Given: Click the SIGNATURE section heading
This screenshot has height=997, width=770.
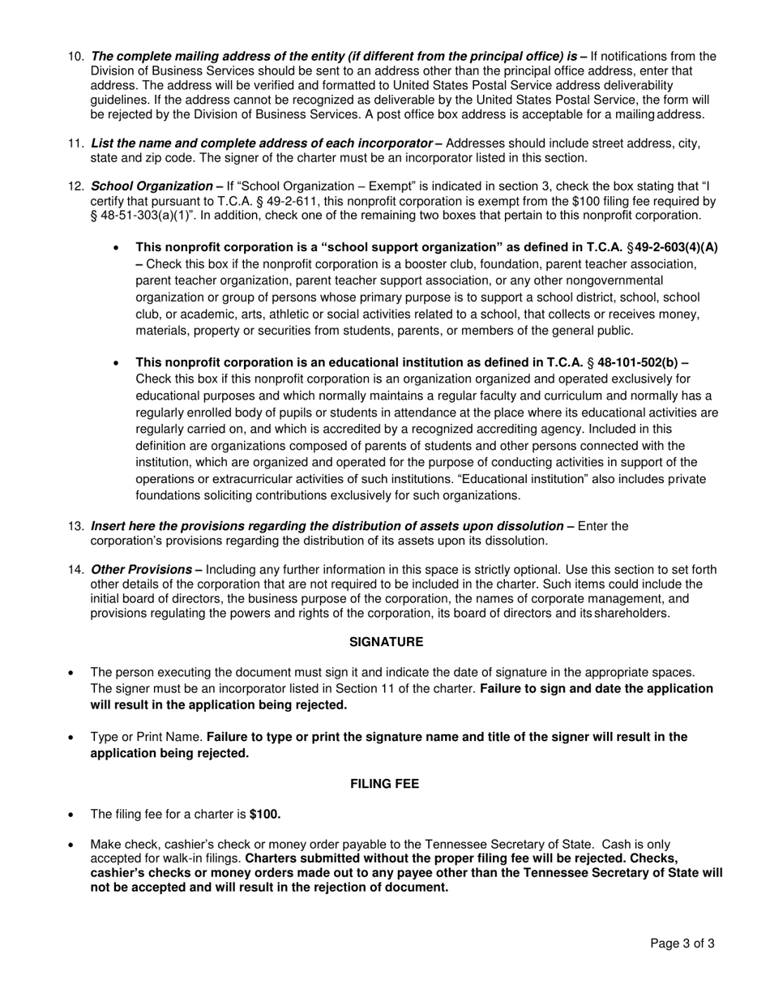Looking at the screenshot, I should tap(386, 642).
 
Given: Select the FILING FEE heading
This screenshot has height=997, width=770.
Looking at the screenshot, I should tap(384, 784).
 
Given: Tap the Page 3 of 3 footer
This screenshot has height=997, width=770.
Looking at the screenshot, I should tap(682, 944).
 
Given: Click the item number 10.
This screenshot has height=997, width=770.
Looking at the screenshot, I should tap(75, 57).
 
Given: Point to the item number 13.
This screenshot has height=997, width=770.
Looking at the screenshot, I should tap(75, 526).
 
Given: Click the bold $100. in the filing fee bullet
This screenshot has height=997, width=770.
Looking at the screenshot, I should tap(265, 815).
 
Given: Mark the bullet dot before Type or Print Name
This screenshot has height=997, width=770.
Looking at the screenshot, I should tap(74, 738).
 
